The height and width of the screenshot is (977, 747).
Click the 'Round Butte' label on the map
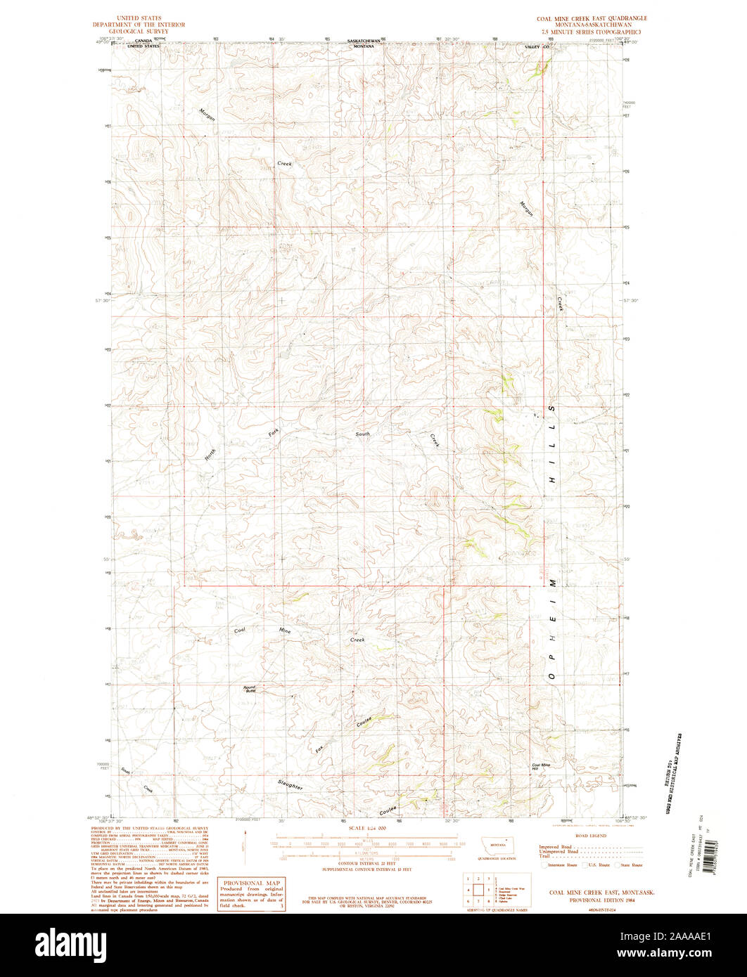[x=250, y=689]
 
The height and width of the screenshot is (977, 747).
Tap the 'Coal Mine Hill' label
[x=541, y=767]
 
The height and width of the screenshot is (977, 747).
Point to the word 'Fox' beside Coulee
[x=321, y=750]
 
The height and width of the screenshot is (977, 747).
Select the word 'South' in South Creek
[x=362, y=434]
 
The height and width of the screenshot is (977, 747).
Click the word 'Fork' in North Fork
[x=274, y=433]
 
